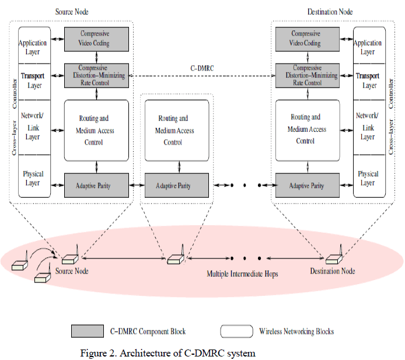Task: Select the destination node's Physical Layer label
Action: [368, 178]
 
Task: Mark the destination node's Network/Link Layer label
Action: [368, 126]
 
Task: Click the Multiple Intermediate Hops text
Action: [242, 273]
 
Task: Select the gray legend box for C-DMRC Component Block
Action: [88, 331]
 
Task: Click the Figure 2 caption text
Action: [167, 352]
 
